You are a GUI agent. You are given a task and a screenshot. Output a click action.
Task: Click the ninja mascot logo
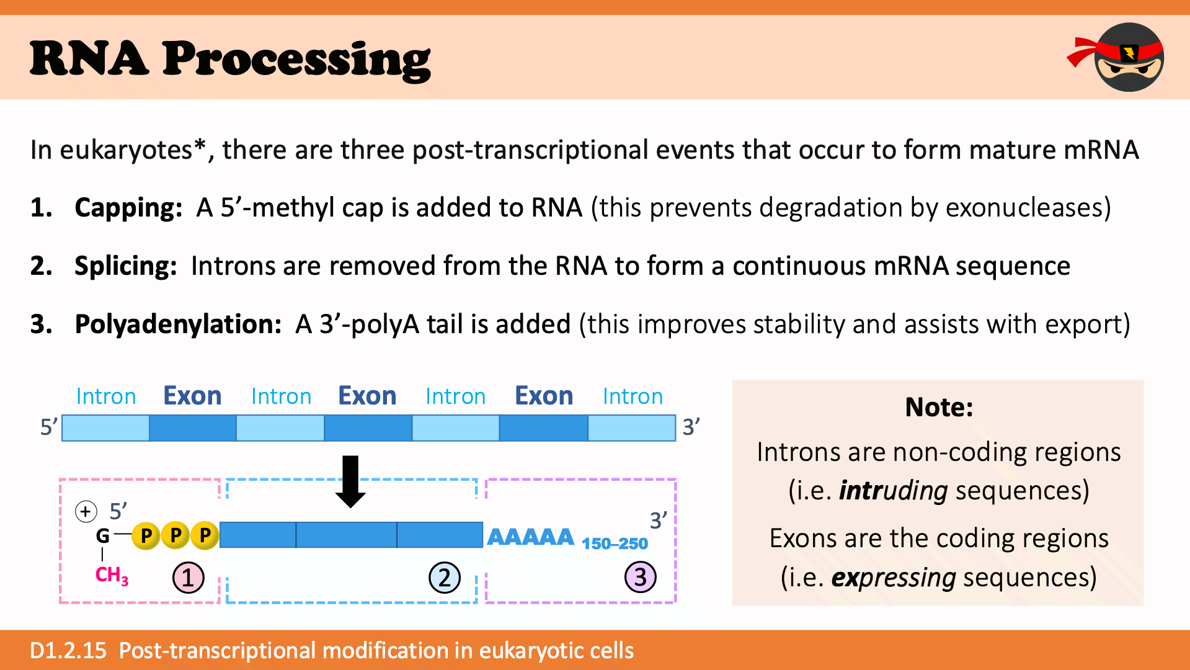click(1116, 57)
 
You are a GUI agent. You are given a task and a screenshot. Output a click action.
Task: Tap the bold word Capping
click(128, 208)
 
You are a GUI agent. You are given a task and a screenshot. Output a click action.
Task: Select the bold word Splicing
click(125, 266)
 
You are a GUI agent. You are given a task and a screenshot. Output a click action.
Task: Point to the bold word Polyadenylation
click(178, 324)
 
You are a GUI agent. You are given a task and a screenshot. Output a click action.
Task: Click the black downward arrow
click(350, 481)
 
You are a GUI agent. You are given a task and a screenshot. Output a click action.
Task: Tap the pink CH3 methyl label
click(112, 576)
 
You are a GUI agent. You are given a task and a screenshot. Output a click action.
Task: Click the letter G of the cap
click(103, 535)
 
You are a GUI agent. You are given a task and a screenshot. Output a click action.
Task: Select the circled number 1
click(188, 578)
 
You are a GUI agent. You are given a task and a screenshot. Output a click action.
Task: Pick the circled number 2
click(445, 578)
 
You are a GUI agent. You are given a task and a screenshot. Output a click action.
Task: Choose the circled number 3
click(640, 577)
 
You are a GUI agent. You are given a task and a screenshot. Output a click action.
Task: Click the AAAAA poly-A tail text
click(531, 537)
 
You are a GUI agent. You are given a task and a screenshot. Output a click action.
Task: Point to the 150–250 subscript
click(615, 544)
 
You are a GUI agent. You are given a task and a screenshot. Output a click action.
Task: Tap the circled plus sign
click(86, 512)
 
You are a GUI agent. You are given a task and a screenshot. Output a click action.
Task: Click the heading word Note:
click(939, 408)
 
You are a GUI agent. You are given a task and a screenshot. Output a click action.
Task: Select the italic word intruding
click(893, 491)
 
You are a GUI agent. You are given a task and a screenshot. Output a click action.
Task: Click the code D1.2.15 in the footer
click(68, 651)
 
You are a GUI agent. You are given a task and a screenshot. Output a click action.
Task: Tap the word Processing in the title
click(296, 60)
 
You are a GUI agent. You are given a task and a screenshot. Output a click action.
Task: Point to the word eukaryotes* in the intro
click(133, 151)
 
